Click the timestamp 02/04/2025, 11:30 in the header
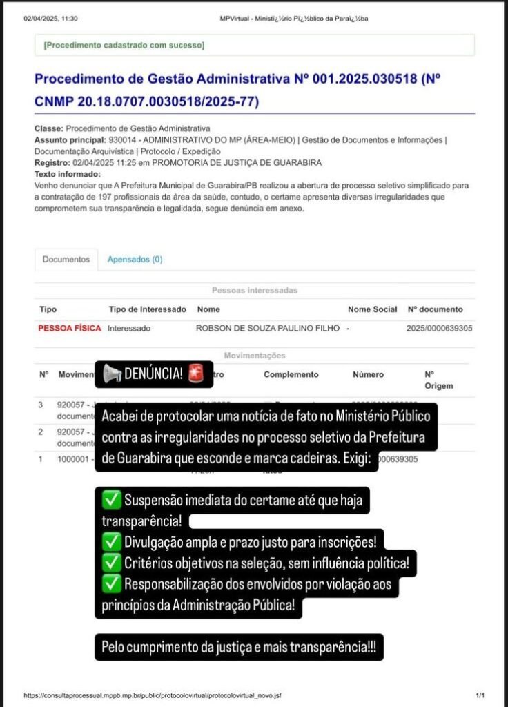coord(50,19)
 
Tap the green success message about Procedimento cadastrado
coord(124,45)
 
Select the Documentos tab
coord(66,260)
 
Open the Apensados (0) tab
coord(135,260)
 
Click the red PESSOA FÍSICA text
coord(69,329)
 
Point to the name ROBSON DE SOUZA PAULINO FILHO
coord(268,329)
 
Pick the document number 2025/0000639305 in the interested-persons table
coord(440,329)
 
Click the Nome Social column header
coord(372,309)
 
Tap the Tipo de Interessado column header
coord(148,309)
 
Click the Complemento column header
coord(291,374)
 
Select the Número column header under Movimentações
coord(368,374)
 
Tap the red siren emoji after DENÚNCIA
coord(197,374)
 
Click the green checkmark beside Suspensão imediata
coord(110,499)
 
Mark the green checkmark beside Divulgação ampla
coord(110,542)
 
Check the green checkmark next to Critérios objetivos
coord(110,563)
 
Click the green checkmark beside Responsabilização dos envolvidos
coord(110,585)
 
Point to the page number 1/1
coord(480,695)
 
